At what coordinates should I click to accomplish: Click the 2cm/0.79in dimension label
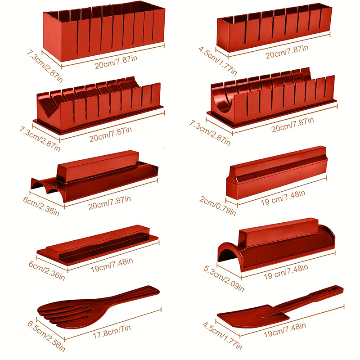pos(217,206)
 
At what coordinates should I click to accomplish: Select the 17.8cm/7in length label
pos(112,332)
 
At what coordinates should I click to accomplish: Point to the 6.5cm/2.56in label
pos(46,336)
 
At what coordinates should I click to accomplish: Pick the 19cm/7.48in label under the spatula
pos(285,330)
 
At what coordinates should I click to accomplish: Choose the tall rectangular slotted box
pos(104,31)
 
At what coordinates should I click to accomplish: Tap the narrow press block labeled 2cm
pos(277,173)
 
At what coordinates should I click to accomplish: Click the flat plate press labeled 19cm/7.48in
pos(98,244)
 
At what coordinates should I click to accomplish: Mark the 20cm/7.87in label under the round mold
pos(293,125)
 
